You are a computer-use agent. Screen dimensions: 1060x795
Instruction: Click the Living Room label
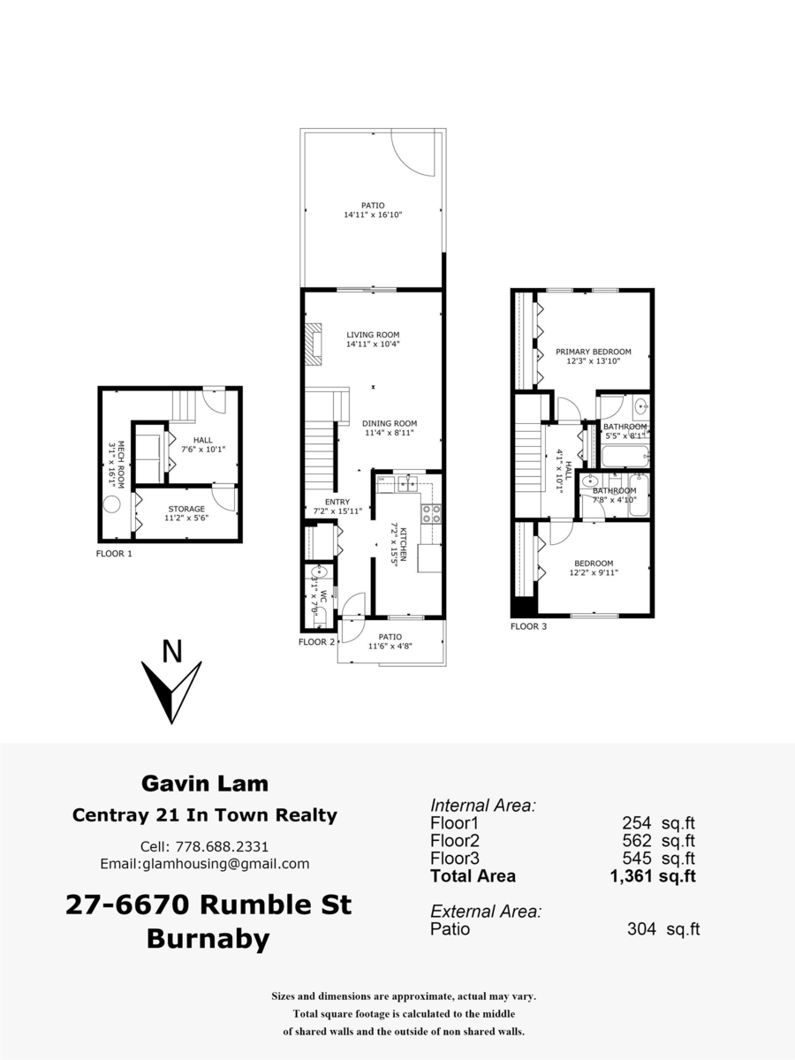point(373,335)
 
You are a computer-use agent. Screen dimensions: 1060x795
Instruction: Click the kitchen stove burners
point(431,513)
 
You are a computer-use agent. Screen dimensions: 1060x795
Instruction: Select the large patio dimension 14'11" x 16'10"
point(374,215)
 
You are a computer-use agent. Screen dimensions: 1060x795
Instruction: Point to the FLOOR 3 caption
point(529,626)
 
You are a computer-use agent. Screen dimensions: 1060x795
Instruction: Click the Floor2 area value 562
point(635,841)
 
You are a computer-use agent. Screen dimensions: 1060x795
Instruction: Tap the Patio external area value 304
point(640,929)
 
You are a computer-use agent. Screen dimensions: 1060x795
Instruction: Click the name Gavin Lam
point(205,783)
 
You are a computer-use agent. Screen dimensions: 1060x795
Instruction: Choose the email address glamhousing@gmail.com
point(228,864)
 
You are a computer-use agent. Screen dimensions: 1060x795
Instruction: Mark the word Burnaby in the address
point(208,939)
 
